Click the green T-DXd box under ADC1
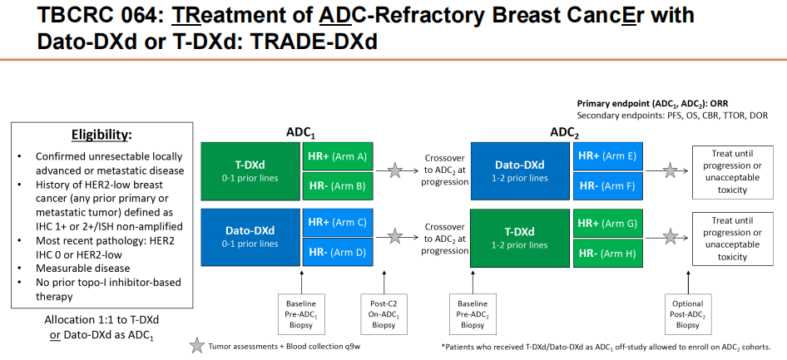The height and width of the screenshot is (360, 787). pos(250,170)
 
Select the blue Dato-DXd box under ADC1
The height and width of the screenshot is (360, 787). pos(250,236)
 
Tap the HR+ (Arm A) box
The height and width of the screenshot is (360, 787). pos(337,155)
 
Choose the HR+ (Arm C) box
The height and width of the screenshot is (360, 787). pos(337,222)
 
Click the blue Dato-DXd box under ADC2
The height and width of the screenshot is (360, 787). pos(520,170)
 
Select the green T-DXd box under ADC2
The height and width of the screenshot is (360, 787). pos(520,236)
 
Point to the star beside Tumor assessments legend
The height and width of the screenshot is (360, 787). pos(196,346)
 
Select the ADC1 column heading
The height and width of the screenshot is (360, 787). pos(300,131)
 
